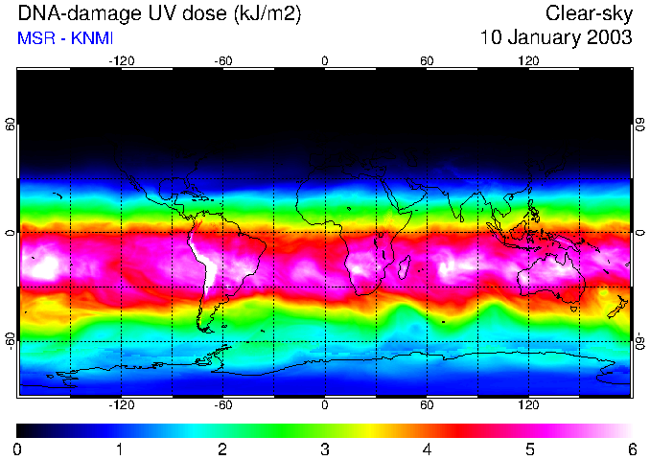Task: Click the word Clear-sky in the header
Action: coord(590,13)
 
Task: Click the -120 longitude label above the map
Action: coord(121,60)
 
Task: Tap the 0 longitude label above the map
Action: coord(325,60)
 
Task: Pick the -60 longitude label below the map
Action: coord(223,404)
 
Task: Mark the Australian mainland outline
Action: coord(551,278)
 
